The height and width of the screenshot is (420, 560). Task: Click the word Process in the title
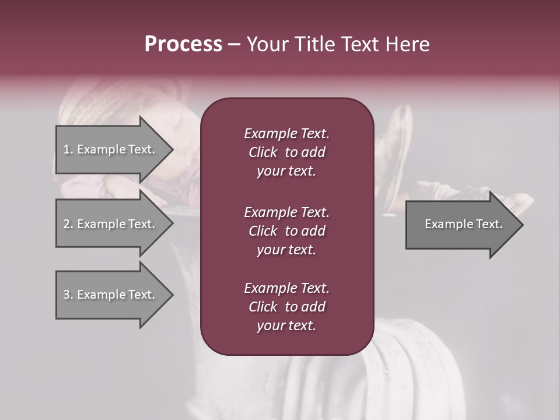tap(183, 44)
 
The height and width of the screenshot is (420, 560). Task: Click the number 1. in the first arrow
tap(68, 149)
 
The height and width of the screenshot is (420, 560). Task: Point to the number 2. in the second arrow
tap(68, 224)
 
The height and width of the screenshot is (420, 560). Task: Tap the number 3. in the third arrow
tap(68, 295)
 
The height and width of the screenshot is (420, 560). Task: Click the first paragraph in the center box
tap(286, 152)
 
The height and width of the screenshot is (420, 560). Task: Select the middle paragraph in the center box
tap(286, 230)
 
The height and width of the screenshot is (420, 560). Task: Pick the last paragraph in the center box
tap(286, 307)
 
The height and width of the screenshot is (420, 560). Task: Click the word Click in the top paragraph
tap(263, 152)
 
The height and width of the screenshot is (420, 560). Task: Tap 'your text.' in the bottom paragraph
tap(286, 325)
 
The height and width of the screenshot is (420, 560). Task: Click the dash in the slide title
tap(234, 45)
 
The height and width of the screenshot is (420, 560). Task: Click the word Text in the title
tap(359, 44)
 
